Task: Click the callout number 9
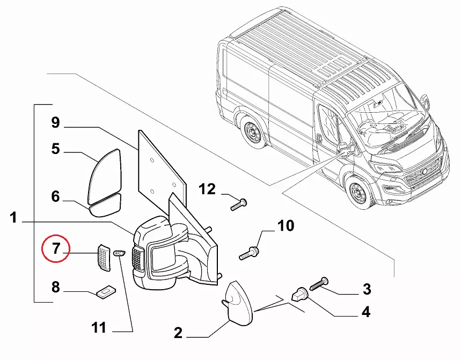click(x=56, y=122)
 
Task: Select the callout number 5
click(x=56, y=149)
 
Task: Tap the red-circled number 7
click(x=56, y=248)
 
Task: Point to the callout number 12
click(x=207, y=189)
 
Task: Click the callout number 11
click(x=99, y=327)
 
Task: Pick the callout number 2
click(x=178, y=333)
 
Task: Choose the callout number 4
click(x=366, y=312)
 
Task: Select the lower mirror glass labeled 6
click(x=105, y=205)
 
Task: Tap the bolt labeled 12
click(x=239, y=204)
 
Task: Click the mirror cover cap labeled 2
click(x=239, y=303)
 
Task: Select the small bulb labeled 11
click(x=119, y=253)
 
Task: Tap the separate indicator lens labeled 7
click(x=104, y=258)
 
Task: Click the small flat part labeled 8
click(x=106, y=292)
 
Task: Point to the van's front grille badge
click(x=425, y=172)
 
